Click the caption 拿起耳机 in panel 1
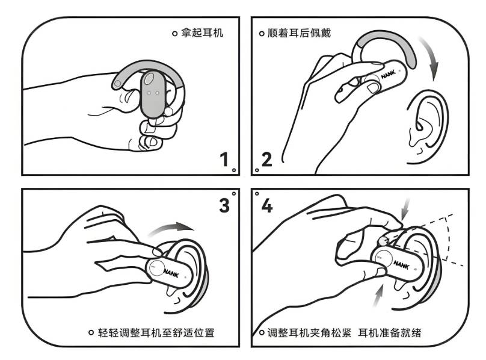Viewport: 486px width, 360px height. tap(201, 33)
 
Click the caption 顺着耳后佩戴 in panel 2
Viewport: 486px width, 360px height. tap(299, 33)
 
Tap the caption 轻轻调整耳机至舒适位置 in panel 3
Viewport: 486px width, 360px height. tap(156, 333)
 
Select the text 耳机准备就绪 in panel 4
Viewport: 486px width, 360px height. tap(390, 333)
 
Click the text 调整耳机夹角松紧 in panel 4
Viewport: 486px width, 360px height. tap(309, 333)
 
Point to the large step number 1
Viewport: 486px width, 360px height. tap(224, 160)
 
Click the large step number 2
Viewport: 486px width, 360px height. tap(267, 160)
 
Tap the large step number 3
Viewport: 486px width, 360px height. tap(224, 205)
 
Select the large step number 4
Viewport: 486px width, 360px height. tap(267, 205)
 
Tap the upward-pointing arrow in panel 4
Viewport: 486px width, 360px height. tap(378, 296)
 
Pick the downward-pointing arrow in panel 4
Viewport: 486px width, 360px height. tap(405, 209)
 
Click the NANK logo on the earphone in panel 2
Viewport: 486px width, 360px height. tap(389, 74)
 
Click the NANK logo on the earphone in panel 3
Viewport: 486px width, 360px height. tap(171, 273)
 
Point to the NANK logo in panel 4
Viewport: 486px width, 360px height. tap(401, 265)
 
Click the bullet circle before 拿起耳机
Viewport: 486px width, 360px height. tap(174, 33)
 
